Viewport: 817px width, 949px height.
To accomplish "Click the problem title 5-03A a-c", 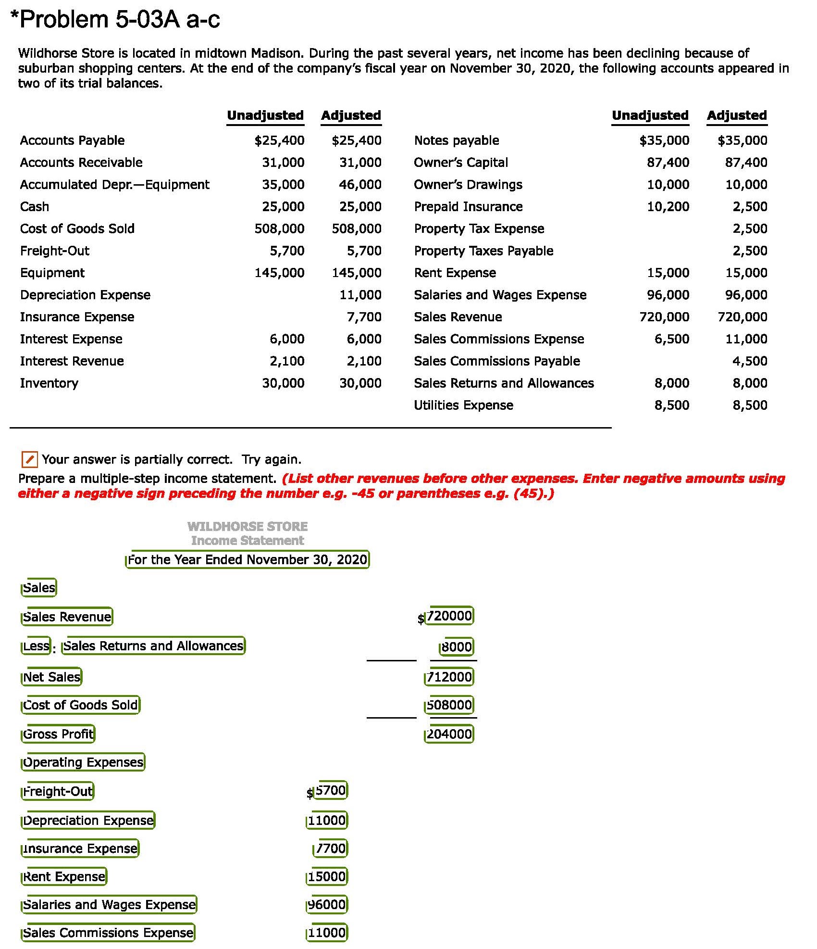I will coord(115,20).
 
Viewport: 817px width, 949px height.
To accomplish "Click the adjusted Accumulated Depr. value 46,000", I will coord(360,185).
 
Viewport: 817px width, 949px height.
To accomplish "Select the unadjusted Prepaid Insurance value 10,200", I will coord(668,207).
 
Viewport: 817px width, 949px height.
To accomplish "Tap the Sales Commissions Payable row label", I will coord(497,361).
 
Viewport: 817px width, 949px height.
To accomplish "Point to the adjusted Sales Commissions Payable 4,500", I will coord(750,361).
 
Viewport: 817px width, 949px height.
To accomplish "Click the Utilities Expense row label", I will coord(463,405).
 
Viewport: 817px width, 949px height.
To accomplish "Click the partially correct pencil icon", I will coord(29,459).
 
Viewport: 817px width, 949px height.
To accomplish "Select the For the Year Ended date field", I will coord(248,560).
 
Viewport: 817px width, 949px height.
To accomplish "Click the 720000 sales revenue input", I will coord(450,616).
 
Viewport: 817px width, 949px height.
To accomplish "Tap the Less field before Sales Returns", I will coord(36,645).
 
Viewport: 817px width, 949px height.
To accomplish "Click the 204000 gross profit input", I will coord(449,734).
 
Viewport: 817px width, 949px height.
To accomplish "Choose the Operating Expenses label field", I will coord(83,762).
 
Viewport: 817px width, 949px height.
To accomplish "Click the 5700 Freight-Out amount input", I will coord(331,790).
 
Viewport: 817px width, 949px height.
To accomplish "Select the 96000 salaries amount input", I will coord(327,905).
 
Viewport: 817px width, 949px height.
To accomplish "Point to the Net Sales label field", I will coord(52,677).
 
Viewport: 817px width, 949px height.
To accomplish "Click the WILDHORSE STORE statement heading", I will coord(248,527).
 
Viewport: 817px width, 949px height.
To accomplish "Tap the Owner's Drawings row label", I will coord(468,185).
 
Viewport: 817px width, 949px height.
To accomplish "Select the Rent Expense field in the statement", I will coord(64,877).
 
